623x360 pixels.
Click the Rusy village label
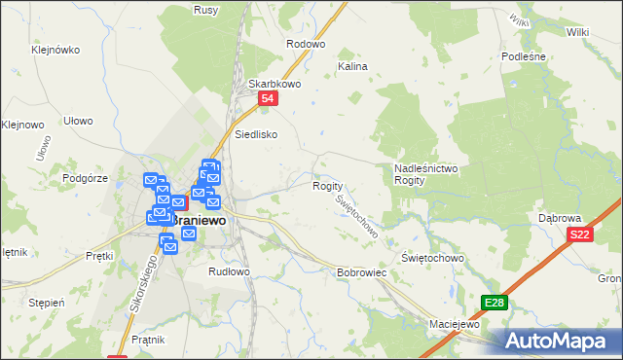(205, 10)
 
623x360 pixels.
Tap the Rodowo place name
(305, 44)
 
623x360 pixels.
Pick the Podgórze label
(84, 177)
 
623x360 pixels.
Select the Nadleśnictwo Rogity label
(425, 174)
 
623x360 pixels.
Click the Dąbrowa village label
(560, 218)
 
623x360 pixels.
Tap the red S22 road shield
(580, 234)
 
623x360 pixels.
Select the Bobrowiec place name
(362, 273)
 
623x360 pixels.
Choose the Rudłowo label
(230, 272)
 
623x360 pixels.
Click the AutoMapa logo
(556, 341)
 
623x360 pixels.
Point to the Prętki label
(99, 256)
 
